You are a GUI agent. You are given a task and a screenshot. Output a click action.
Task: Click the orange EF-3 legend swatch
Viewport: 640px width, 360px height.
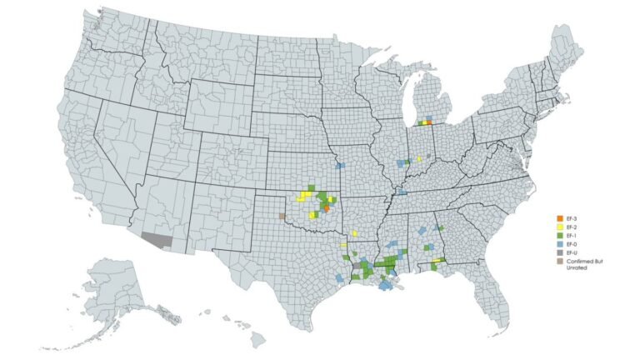(560, 218)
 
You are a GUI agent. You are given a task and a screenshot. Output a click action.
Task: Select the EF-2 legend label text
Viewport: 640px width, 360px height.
(572, 227)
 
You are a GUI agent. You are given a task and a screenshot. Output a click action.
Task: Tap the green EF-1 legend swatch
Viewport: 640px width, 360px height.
(560, 235)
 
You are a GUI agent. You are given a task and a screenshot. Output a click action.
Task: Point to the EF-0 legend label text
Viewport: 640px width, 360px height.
(572, 243)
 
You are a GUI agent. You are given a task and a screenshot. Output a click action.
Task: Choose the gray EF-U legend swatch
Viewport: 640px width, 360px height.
(560, 252)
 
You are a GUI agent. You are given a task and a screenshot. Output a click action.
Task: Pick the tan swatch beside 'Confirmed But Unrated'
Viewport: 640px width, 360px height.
(560, 261)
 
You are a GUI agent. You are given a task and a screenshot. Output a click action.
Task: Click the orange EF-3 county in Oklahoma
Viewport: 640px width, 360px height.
(327, 208)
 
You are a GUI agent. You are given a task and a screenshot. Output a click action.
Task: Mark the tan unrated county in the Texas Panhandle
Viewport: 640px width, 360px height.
(282, 215)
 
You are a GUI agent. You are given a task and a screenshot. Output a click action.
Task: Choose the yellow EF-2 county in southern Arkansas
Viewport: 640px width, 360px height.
(354, 233)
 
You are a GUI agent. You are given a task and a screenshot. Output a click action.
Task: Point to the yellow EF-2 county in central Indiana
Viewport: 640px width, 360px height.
(419, 157)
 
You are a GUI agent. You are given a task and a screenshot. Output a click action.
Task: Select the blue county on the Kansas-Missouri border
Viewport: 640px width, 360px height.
(340, 166)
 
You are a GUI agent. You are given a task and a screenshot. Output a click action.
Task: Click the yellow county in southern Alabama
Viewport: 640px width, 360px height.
(436, 261)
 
